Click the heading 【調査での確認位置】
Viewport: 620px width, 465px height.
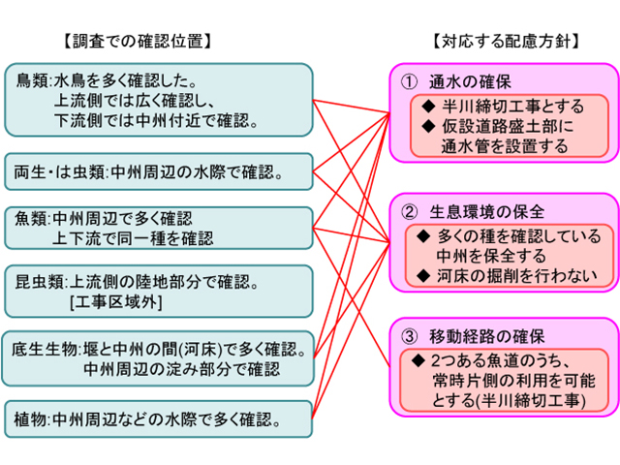138,41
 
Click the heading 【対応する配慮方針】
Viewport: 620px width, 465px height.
507,41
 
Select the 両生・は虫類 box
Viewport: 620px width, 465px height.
159,172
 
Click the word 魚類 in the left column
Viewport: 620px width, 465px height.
30,218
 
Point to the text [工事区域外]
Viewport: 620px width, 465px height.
116,302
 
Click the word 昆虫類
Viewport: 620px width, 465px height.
39,282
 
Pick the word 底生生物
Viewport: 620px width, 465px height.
45,349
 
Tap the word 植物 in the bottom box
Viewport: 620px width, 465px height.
30,419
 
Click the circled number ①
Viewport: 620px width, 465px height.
409,82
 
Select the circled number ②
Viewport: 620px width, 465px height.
409,212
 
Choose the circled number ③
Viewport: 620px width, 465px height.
409,336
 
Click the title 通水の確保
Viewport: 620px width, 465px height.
470,82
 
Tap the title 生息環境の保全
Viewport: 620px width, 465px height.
486,212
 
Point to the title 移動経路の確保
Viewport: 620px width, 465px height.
486,336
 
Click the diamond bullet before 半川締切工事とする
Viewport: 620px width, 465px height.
428,106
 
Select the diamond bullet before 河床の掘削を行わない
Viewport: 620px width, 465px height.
423,275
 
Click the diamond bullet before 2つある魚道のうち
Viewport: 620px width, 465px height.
418,360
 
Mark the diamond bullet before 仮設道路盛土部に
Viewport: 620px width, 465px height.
428,126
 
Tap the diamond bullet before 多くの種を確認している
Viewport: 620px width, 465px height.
423,236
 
